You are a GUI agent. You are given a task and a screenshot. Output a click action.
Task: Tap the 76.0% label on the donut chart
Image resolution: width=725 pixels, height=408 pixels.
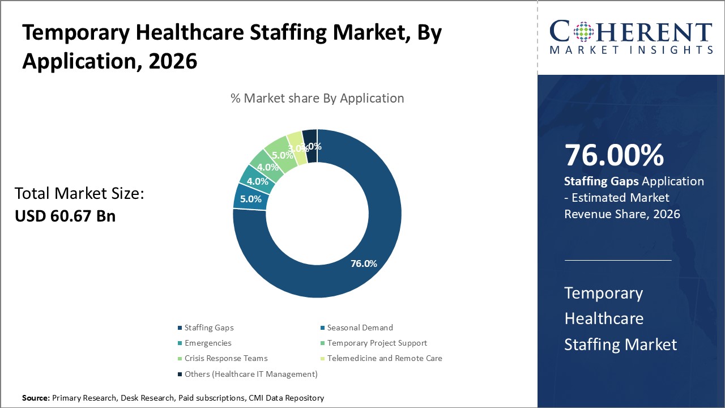tap(364, 263)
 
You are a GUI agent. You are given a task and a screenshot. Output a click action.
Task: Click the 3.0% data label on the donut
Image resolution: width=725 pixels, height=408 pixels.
tap(297, 148)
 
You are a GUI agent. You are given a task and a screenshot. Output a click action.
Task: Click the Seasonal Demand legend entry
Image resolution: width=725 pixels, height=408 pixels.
tap(360, 328)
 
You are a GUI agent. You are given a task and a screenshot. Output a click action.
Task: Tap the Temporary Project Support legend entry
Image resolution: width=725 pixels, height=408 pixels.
tap(377, 343)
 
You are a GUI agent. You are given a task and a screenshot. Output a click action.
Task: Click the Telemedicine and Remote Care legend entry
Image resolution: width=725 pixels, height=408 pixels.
tap(384, 358)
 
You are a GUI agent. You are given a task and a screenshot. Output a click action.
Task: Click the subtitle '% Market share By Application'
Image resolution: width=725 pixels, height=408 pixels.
tap(317, 98)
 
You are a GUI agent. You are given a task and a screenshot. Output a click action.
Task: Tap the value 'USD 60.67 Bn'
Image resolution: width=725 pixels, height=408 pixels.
tap(65, 216)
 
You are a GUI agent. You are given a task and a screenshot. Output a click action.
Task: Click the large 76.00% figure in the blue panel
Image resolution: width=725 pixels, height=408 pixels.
tap(614, 156)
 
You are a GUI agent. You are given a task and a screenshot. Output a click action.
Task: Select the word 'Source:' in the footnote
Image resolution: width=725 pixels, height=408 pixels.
tap(36, 398)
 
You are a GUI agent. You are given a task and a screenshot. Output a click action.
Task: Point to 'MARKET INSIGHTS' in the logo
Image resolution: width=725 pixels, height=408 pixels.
tap(632, 50)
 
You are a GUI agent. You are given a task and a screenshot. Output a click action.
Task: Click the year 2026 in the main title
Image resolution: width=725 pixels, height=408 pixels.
tap(173, 61)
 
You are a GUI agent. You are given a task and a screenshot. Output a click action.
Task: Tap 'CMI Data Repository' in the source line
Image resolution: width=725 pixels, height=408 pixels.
tap(286, 398)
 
